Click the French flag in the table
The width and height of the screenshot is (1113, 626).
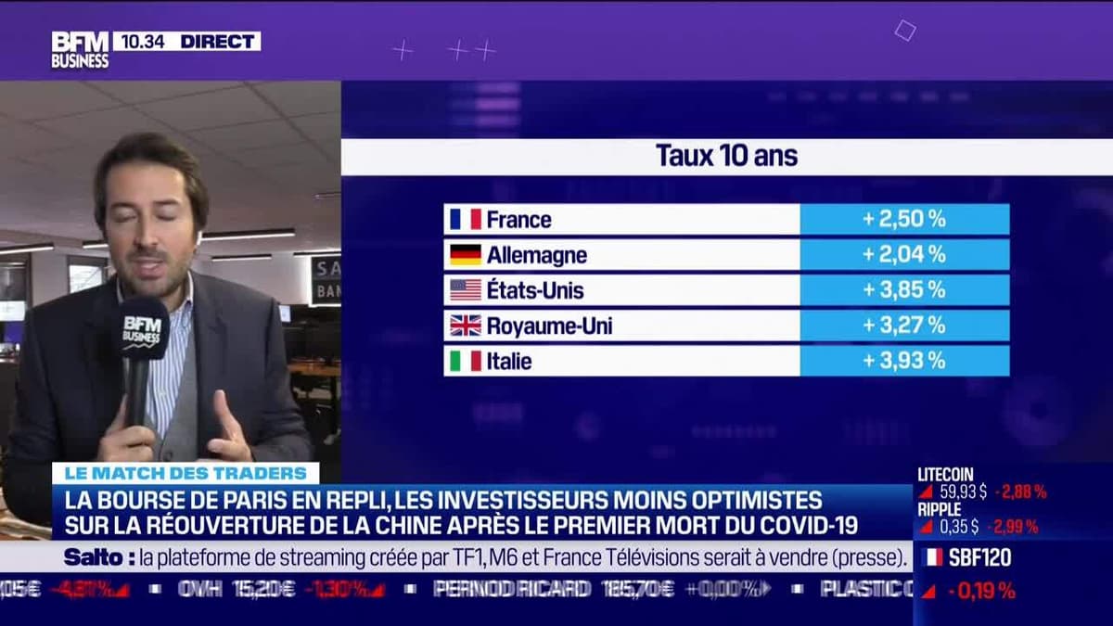(x=465, y=220)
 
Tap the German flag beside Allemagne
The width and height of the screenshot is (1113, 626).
(x=465, y=255)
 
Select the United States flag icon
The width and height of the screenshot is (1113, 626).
(x=465, y=290)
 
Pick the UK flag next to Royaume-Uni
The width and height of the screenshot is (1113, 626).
(x=465, y=326)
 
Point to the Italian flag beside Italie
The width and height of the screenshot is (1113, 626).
(x=465, y=361)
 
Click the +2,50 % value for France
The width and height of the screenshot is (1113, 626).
(x=903, y=220)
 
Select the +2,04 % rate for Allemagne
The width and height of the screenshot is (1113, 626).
(x=903, y=255)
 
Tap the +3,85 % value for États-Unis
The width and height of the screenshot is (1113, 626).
(x=903, y=290)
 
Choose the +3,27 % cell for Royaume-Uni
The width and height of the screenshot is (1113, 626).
(x=903, y=326)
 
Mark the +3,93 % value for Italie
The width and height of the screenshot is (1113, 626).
(x=903, y=361)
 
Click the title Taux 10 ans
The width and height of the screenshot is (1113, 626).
(x=726, y=156)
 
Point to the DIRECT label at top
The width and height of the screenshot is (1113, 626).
(x=219, y=41)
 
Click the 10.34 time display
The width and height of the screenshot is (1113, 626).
(x=139, y=41)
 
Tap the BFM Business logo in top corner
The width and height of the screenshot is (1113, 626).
(x=80, y=49)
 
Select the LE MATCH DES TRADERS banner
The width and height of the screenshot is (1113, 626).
(x=185, y=473)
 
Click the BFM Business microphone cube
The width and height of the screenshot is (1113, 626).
(x=143, y=329)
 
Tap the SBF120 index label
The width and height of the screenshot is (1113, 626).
(x=979, y=557)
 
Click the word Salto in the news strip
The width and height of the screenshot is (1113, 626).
(x=95, y=557)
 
